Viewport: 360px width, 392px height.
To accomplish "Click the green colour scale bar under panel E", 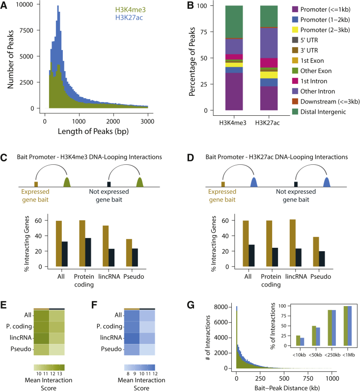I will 49,366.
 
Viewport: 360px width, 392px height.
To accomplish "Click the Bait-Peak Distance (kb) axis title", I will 284,387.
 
